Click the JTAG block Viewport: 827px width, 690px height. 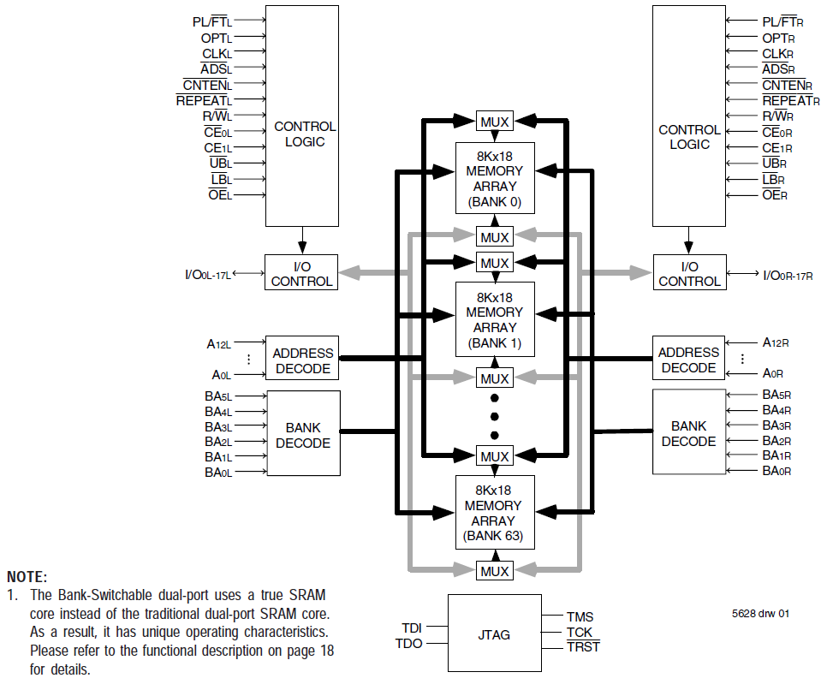coord(494,634)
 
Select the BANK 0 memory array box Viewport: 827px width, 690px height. coord(495,178)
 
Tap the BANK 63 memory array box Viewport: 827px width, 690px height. coord(495,512)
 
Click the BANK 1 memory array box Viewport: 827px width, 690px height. coord(495,318)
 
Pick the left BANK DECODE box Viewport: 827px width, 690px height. coord(303,435)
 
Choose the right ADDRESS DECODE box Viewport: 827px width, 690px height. coord(688,360)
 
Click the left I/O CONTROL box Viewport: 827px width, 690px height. coord(302,274)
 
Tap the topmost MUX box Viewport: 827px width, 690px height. coord(495,122)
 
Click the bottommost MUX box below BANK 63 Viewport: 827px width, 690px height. coord(495,571)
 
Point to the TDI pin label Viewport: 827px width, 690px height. coord(412,628)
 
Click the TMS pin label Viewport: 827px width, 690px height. coord(580,616)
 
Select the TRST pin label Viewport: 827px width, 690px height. coord(583,647)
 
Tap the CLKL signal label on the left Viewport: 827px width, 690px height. coord(217,53)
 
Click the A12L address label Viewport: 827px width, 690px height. coord(219,344)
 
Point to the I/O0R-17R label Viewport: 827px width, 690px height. coord(788,275)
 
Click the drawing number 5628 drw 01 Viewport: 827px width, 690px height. coord(759,613)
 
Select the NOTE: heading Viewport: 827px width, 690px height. coord(27,577)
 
